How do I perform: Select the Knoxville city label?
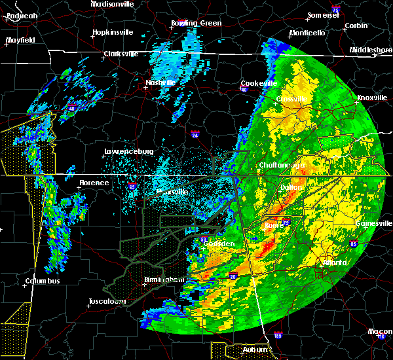(x=371, y=98)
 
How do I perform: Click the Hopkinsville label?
(x=113, y=32)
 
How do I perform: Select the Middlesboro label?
(x=371, y=50)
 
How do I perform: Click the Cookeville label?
(x=259, y=83)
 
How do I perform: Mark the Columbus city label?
(x=43, y=281)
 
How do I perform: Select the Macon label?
(x=380, y=331)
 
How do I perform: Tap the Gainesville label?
(x=374, y=223)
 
